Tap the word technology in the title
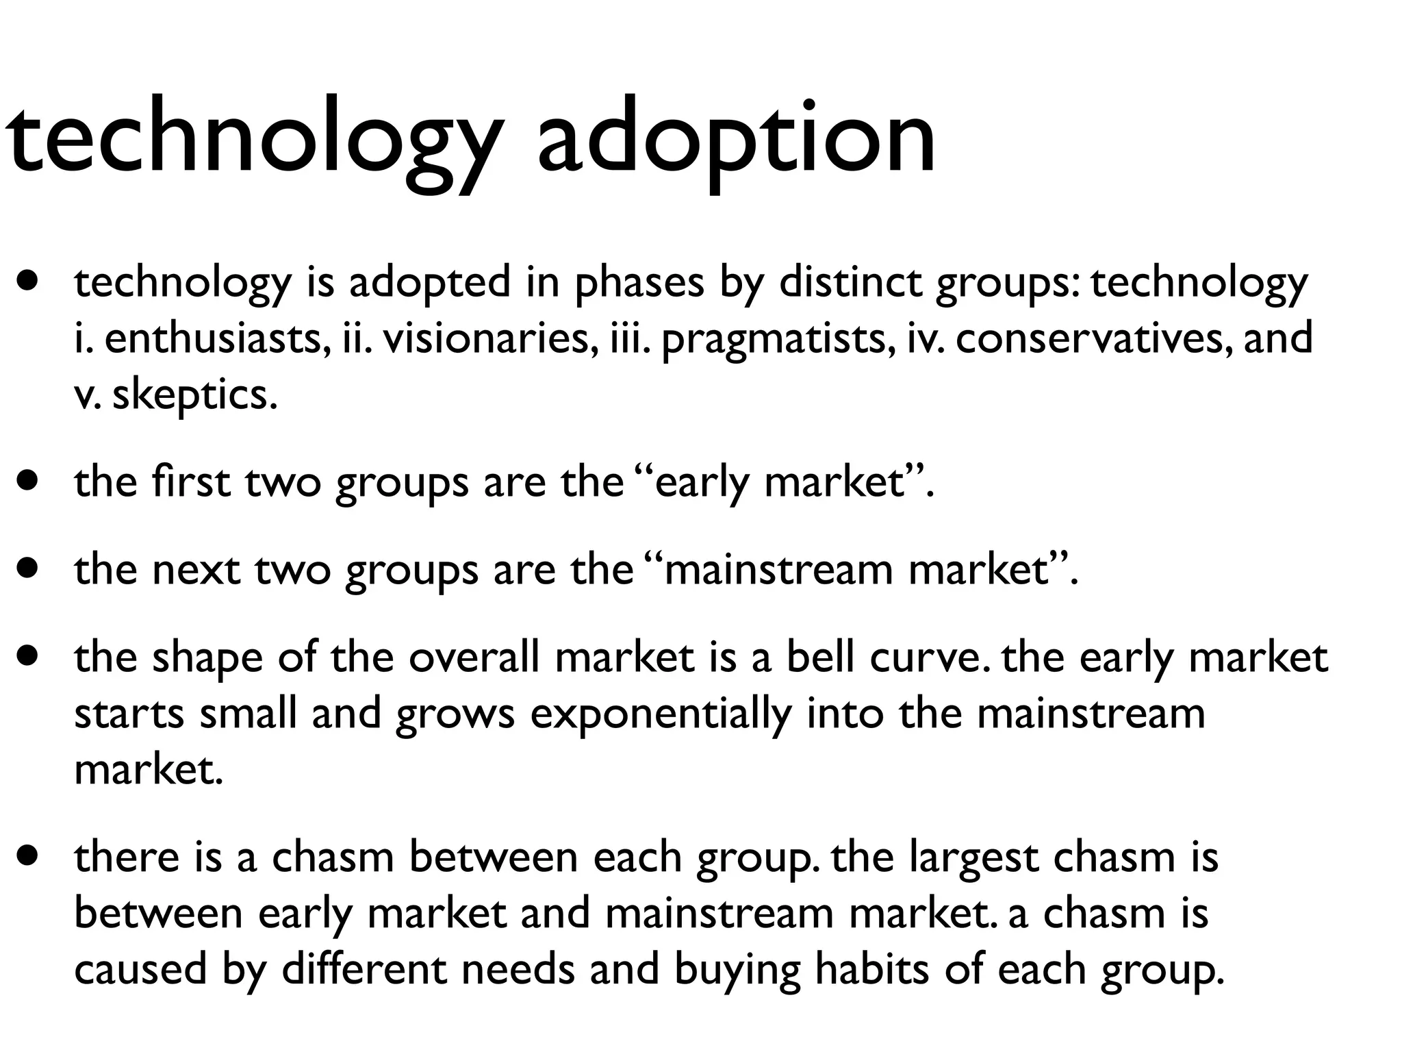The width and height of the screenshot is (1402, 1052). tap(253, 137)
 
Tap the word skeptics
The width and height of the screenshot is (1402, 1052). tap(195, 396)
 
